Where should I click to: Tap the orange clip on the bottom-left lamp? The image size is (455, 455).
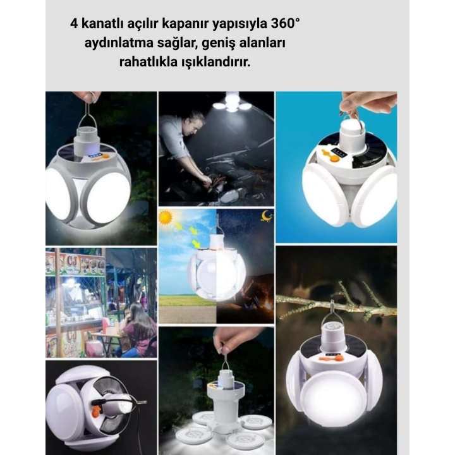pos(99,411)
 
